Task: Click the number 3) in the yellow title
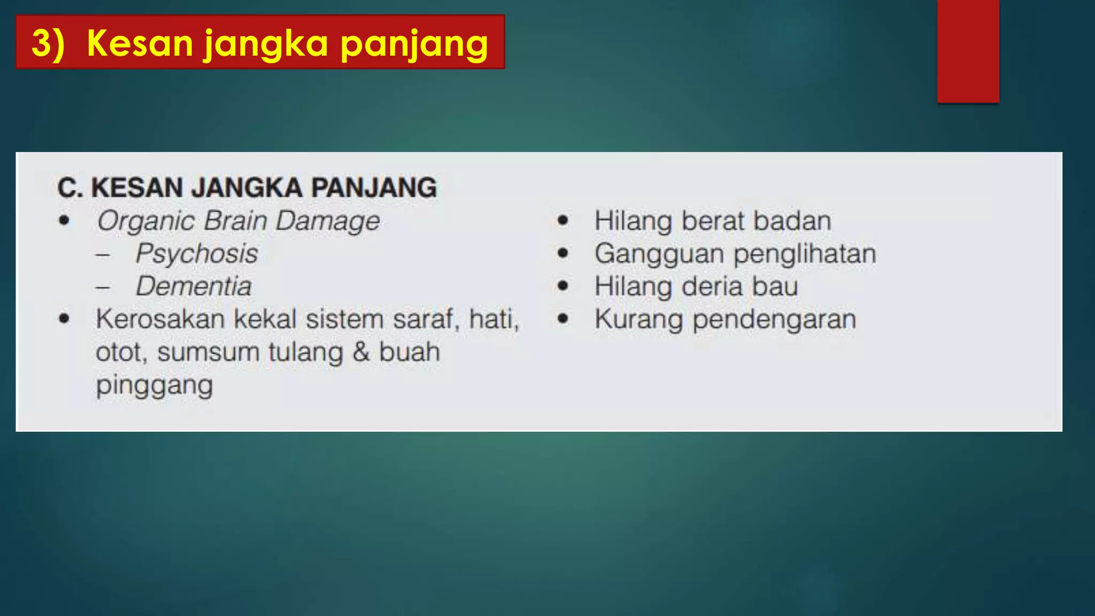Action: point(48,43)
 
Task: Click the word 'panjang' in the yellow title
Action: point(414,44)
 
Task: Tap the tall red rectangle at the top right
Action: point(968,51)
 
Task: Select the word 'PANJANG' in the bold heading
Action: point(374,188)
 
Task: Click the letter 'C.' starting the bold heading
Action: point(70,188)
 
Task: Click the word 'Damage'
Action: point(328,221)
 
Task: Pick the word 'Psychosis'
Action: point(196,253)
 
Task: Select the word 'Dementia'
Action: point(194,286)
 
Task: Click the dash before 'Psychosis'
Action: point(103,255)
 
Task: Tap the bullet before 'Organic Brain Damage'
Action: point(65,220)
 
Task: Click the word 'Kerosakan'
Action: point(160,319)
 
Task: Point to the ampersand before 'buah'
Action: point(361,352)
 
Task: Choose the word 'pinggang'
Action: point(155,386)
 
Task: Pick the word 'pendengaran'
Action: point(774,320)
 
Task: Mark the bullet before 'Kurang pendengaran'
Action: point(562,319)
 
